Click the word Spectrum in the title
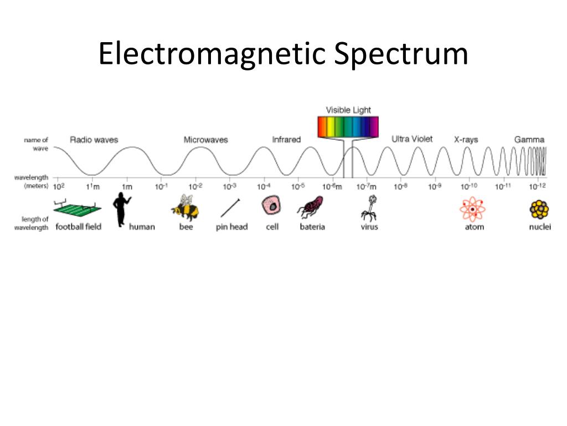click(x=401, y=54)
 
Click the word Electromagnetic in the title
click(x=213, y=54)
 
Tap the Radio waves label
click(x=94, y=140)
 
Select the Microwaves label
click(x=205, y=140)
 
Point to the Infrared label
click(x=286, y=139)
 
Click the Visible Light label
click(x=348, y=110)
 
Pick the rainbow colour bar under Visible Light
click(x=348, y=126)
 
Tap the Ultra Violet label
click(x=412, y=139)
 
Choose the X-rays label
click(x=466, y=140)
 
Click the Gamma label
click(x=529, y=140)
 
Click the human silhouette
click(x=121, y=209)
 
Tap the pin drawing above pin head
click(x=230, y=208)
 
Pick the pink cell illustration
click(x=272, y=206)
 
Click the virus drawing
click(x=368, y=208)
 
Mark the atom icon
click(x=472, y=209)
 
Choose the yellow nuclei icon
click(x=539, y=209)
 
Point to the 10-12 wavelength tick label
click(x=537, y=186)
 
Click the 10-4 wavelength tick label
click(x=264, y=186)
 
